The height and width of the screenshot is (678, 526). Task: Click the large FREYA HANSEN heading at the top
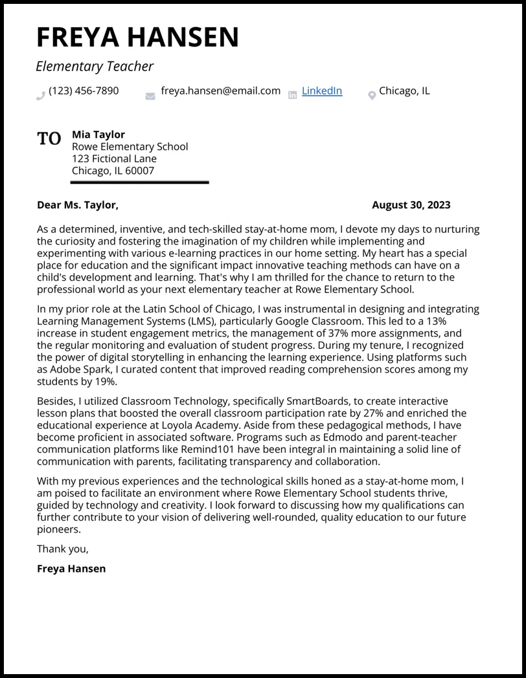point(137,37)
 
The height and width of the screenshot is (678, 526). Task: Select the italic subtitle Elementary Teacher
point(95,66)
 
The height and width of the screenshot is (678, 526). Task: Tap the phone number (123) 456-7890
point(84,91)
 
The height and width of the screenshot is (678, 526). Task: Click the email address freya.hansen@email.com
point(220,91)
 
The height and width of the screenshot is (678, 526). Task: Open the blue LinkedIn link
point(321,91)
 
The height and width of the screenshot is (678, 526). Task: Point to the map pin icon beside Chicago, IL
point(372,96)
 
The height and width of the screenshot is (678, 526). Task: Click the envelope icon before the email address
point(150,96)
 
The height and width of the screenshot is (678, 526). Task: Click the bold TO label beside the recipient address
point(49,138)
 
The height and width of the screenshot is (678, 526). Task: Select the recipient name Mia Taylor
point(98,135)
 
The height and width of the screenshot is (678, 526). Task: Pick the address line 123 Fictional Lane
point(114,159)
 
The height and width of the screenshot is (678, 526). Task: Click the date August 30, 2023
point(411,205)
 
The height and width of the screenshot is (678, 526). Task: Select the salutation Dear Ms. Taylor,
point(78,205)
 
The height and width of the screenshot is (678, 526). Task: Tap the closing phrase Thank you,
point(63,549)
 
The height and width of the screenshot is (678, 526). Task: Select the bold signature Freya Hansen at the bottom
point(71,569)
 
